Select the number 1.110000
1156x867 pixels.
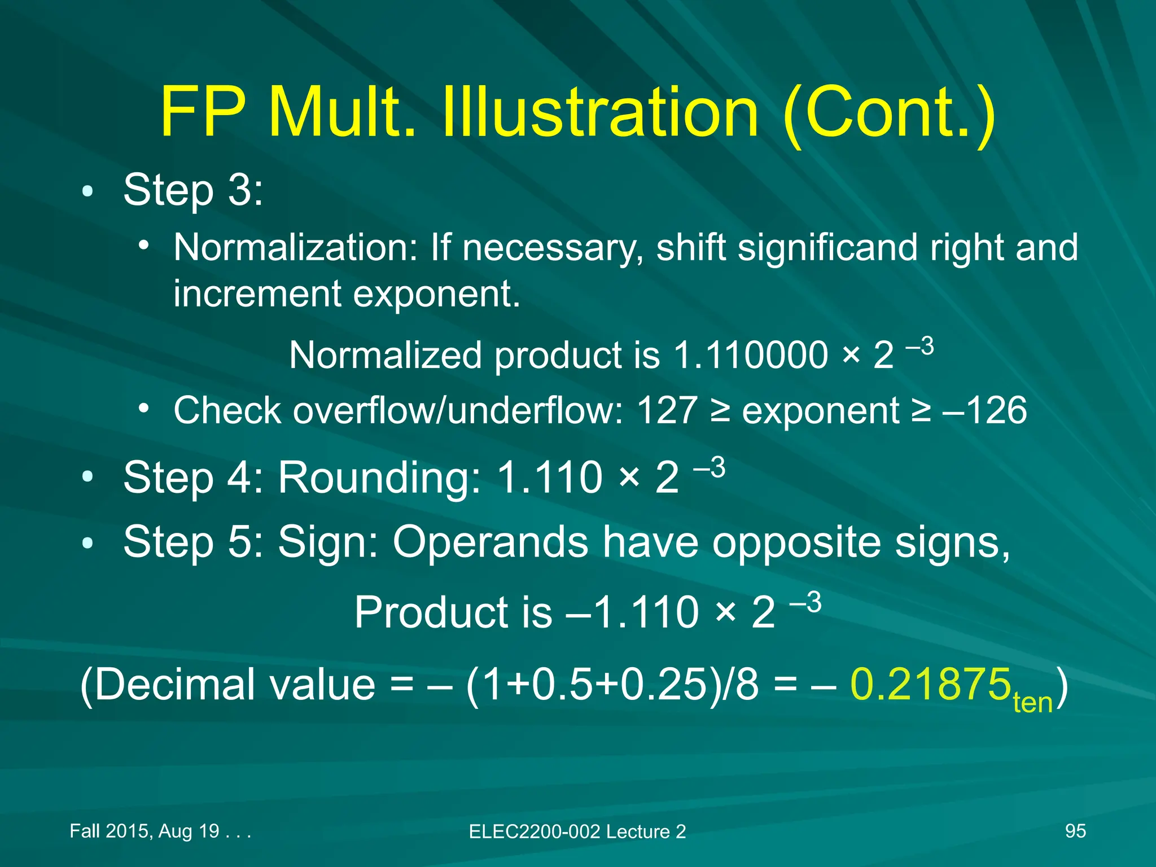751,356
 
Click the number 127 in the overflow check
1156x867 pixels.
667,410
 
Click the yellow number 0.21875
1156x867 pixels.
930,685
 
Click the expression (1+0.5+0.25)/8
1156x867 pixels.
612,685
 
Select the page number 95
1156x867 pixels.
1075,831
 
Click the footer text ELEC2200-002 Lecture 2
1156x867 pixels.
577,831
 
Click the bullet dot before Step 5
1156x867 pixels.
87,544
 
